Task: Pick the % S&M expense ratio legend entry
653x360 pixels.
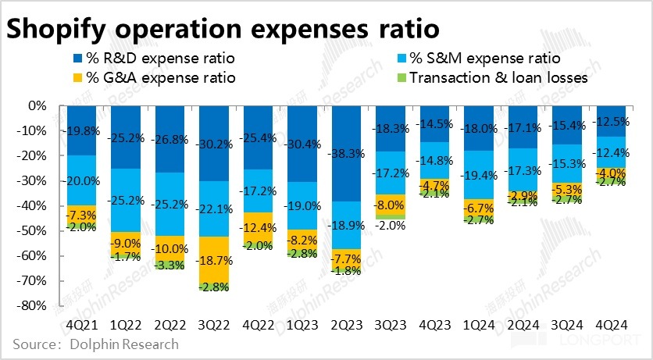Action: (485, 58)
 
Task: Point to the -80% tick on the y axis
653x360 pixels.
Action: (30, 306)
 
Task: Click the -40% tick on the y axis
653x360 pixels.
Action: (30, 206)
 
